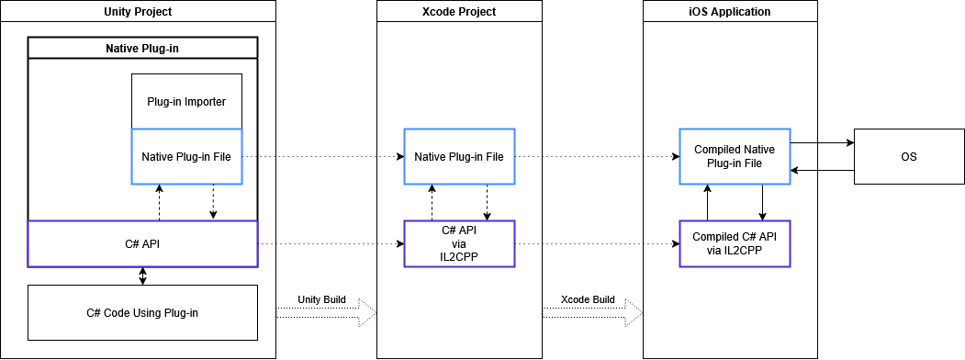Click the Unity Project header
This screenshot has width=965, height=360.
(139, 12)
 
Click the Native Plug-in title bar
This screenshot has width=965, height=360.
(142, 48)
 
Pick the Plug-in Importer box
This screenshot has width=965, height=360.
(186, 101)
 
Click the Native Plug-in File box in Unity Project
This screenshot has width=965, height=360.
(186, 157)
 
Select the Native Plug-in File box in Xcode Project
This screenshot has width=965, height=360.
(459, 157)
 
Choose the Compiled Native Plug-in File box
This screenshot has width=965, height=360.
(735, 156)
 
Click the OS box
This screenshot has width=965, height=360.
(908, 157)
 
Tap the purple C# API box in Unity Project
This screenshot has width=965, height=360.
(142, 243)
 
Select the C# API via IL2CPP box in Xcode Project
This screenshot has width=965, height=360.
(459, 243)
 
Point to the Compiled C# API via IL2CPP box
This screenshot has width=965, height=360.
(735, 243)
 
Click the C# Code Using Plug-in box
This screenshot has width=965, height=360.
(142, 312)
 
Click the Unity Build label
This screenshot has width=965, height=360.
(321, 300)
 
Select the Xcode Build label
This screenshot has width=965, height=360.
(589, 300)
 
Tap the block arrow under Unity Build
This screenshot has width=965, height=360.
(327, 313)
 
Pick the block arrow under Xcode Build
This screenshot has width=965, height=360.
(593, 313)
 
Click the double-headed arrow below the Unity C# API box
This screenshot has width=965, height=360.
(142, 276)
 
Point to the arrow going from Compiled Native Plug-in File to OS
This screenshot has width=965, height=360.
(822, 143)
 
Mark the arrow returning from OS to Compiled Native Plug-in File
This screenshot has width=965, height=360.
(822, 171)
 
